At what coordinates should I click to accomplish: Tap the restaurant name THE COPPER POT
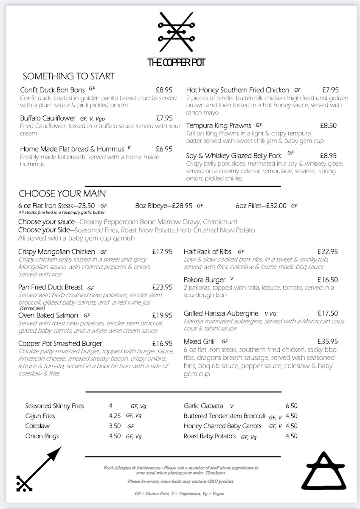click(x=176, y=63)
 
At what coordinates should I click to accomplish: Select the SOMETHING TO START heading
click(x=68, y=76)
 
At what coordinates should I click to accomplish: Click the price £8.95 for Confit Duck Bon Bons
click(x=164, y=90)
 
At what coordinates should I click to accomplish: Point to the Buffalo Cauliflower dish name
click(x=48, y=118)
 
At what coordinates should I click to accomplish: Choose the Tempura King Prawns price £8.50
click(x=328, y=126)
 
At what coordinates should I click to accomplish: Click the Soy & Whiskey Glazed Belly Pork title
click(x=233, y=156)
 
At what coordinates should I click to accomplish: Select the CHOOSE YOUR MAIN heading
click(x=62, y=194)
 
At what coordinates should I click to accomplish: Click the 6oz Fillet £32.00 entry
click(x=261, y=206)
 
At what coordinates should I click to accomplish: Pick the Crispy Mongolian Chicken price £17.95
click(x=162, y=252)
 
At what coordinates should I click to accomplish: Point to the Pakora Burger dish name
click(x=204, y=280)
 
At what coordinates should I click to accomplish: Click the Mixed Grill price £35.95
click(x=328, y=341)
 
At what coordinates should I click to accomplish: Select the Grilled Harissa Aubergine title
click(x=221, y=313)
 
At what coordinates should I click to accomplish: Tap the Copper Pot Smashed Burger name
click(x=60, y=343)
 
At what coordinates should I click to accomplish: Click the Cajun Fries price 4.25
click(x=115, y=416)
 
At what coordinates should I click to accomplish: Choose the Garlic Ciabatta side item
click(x=203, y=406)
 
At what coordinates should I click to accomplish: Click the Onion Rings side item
click(x=42, y=436)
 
